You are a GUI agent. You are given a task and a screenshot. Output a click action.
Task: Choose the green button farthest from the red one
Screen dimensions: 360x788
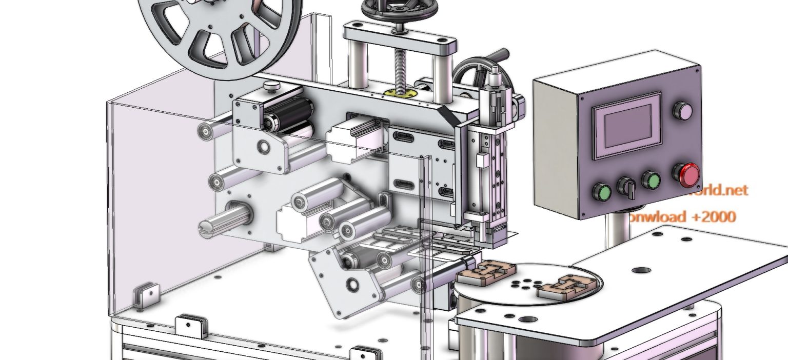tap(602, 193)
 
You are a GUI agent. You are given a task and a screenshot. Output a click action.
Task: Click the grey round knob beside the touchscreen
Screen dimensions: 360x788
tap(682, 110)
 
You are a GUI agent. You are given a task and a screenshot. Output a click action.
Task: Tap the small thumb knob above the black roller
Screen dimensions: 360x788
tap(271, 85)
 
